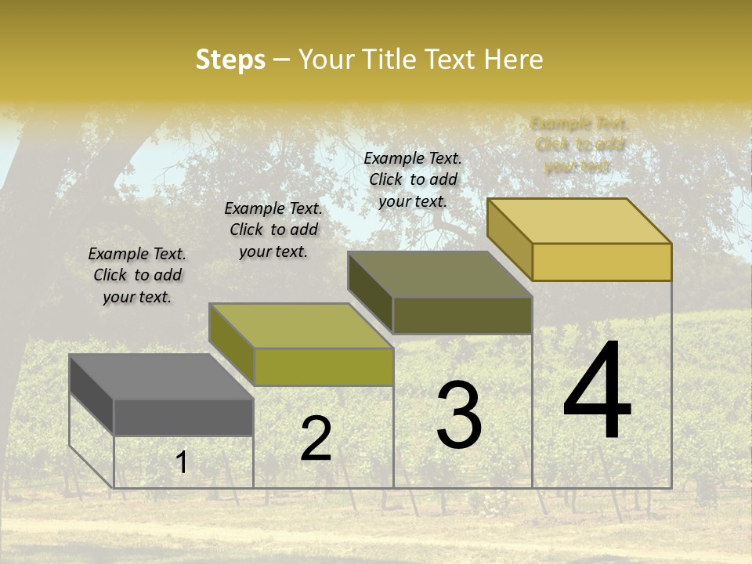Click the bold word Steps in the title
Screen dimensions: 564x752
(230, 60)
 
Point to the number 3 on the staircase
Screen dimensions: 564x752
(459, 415)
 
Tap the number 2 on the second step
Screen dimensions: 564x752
(316, 439)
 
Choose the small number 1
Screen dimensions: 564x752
(181, 462)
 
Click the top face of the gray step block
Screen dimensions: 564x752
(161, 377)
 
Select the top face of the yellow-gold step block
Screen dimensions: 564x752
(579, 221)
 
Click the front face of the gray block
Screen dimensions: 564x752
(183, 417)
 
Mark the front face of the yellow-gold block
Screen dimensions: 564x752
(602, 262)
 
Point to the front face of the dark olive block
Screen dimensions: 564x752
(462, 315)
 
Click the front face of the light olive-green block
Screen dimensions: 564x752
(324, 367)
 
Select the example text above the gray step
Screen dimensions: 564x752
(137, 275)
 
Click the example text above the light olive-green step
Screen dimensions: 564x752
(273, 230)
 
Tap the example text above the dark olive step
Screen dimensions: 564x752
(413, 179)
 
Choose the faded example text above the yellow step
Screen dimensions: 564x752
(579, 144)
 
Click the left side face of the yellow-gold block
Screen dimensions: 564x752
(509, 239)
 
